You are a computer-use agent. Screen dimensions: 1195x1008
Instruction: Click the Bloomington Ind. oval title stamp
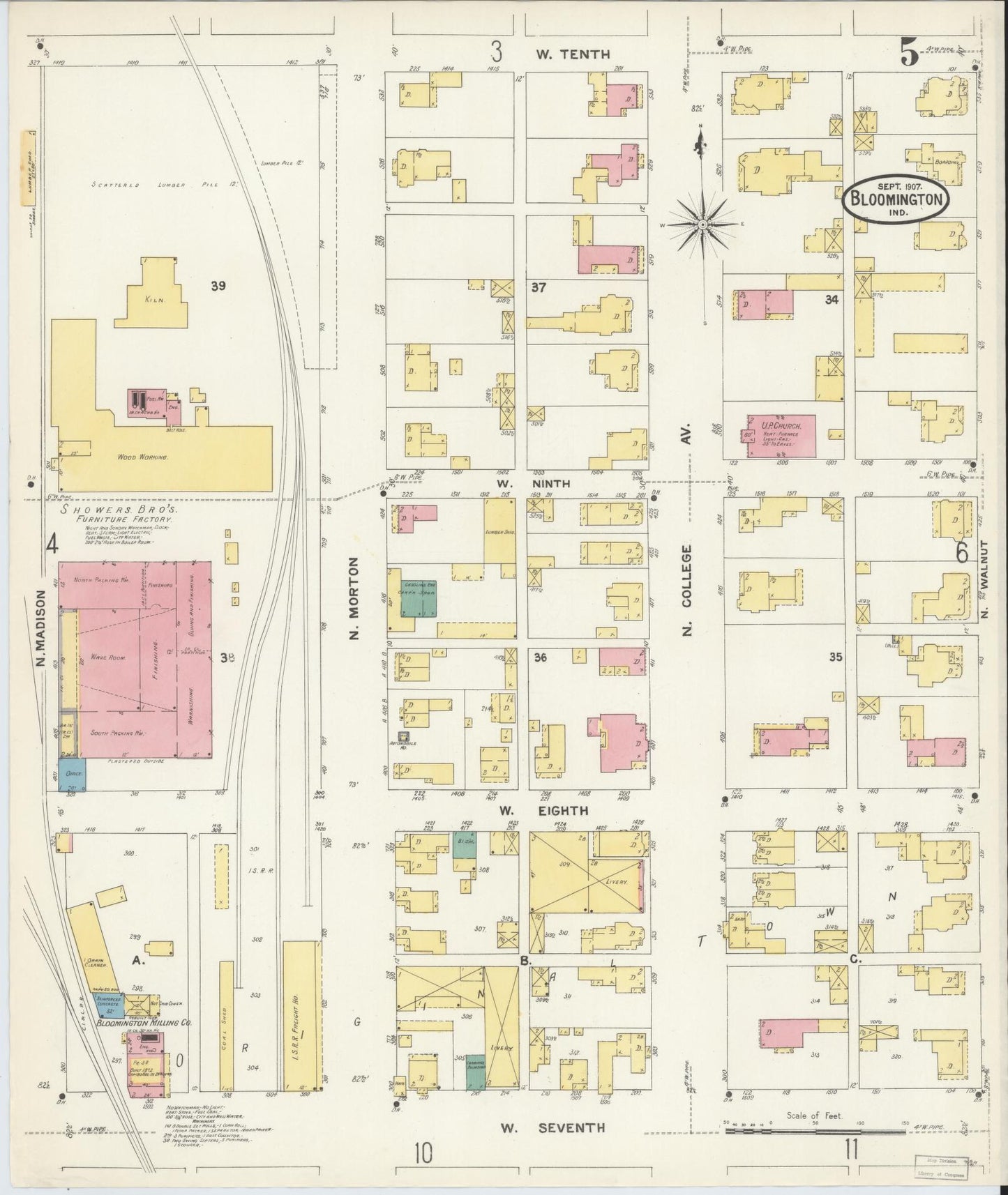896,199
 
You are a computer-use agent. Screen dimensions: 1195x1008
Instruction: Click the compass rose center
703,224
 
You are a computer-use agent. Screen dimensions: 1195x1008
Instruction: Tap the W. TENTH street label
573,54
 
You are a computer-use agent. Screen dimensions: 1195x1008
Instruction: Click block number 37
538,287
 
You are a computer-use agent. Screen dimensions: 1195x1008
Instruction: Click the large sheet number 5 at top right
908,52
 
